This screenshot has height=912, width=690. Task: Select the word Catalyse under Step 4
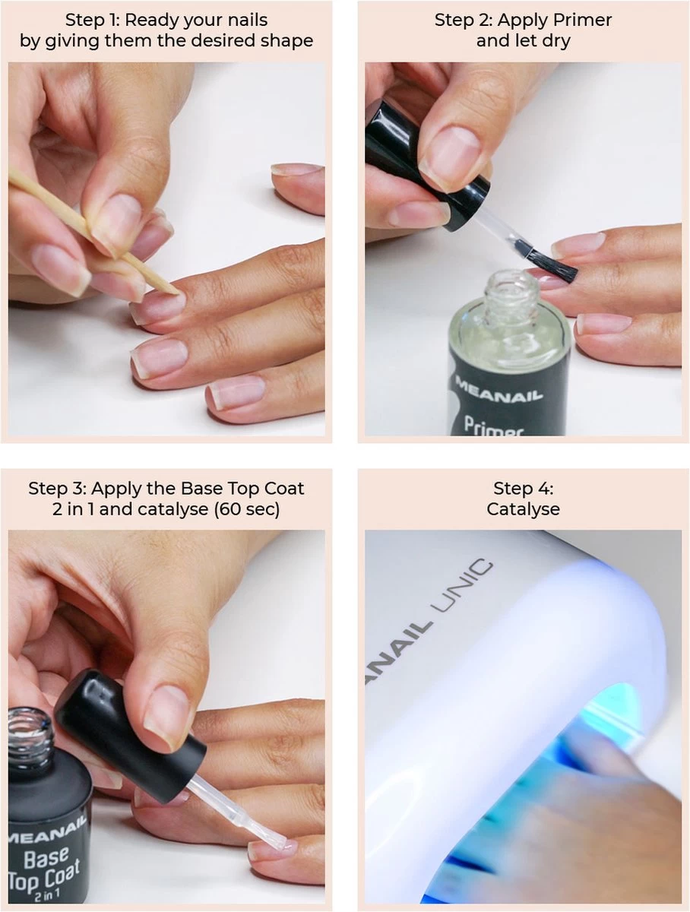[523, 509]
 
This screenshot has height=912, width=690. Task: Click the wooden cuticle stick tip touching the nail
[176, 292]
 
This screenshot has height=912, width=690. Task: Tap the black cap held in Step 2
[428, 162]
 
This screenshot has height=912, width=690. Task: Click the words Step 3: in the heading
[57, 489]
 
